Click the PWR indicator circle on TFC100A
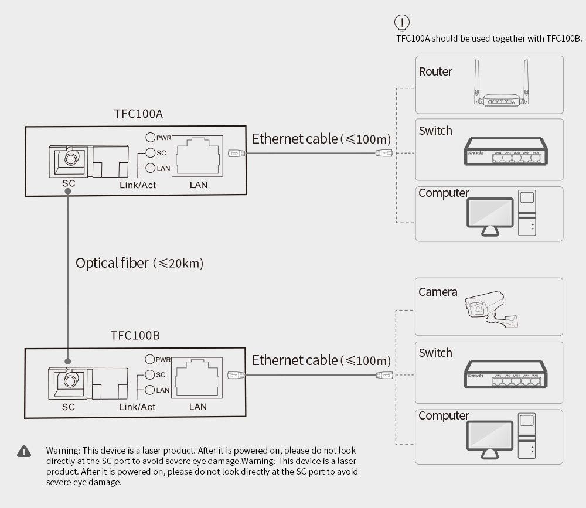150,138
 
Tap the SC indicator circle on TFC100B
149,375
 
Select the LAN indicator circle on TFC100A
150,169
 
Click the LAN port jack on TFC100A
199,155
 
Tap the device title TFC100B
135,336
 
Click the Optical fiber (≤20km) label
139,263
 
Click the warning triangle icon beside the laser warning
23,451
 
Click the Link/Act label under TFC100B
137,407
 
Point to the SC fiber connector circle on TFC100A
71,158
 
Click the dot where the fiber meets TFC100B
69,362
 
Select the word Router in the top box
435,72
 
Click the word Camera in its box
438,292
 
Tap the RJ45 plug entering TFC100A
236,154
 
